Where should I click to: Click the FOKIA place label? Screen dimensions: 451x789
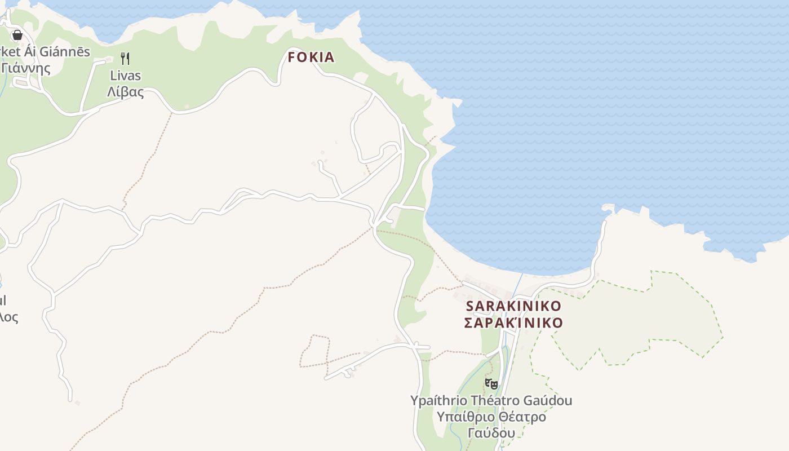311,57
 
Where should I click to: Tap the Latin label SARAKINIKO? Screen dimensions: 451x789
513,306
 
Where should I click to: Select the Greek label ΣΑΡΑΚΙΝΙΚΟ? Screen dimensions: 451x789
513,323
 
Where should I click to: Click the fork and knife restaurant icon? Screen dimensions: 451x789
126,58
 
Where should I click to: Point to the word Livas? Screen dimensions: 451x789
125,76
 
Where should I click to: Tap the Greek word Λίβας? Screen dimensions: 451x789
125,92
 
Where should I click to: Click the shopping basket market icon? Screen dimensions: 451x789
17,35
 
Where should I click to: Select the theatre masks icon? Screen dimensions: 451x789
491,384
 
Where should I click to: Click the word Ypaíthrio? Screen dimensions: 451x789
438,401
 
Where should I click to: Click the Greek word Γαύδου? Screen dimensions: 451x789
491,433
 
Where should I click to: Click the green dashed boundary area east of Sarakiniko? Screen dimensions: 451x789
637,321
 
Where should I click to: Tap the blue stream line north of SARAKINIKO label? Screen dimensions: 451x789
520,285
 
